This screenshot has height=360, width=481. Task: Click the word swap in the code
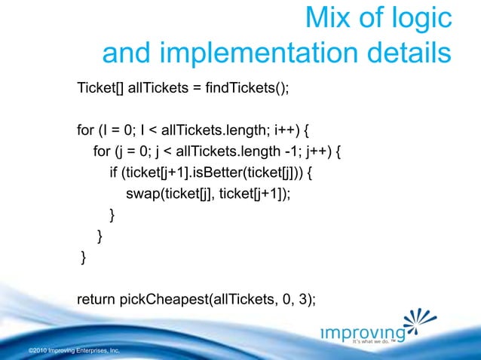click(x=141, y=194)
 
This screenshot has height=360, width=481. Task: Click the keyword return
click(x=97, y=301)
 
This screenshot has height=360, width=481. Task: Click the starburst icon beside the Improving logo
click(x=419, y=324)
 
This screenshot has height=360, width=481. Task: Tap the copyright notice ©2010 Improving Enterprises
click(x=73, y=351)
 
